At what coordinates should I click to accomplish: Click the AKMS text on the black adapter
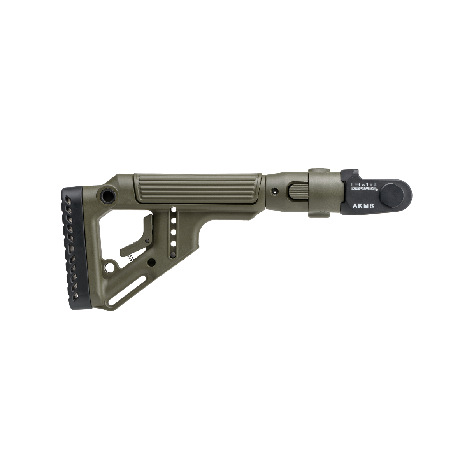(x=363, y=206)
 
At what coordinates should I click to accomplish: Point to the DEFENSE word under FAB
(x=364, y=188)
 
